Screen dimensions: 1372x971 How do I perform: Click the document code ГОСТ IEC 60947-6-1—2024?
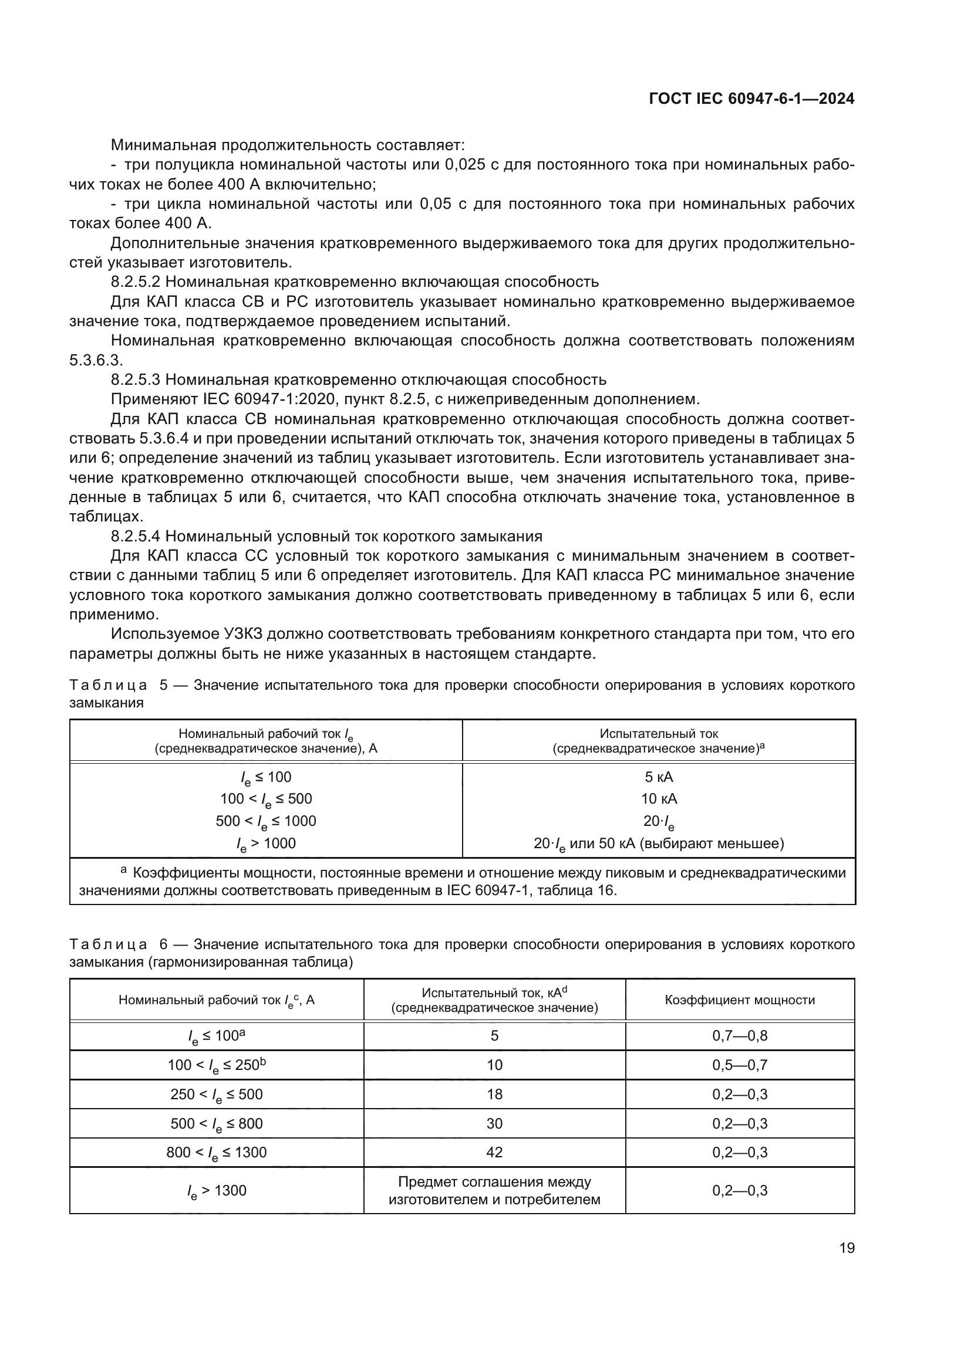click(x=751, y=99)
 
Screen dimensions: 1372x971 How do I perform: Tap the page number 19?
click(x=847, y=1248)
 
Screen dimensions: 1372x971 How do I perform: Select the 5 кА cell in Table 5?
click(x=658, y=777)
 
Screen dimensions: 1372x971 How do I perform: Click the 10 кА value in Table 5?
click(x=658, y=799)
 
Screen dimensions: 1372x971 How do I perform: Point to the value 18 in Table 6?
click(x=494, y=1094)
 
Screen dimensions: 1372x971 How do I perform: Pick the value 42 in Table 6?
click(x=494, y=1153)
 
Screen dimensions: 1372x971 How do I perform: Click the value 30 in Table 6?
click(x=494, y=1123)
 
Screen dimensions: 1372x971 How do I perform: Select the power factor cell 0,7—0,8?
click(x=740, y=1035)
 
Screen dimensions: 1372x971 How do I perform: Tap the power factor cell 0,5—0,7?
click(x=740, y=1065)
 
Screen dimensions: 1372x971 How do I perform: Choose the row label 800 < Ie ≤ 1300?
click(x=217, y=1153)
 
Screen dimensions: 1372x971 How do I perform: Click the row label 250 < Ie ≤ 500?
click(x=217, y=1094)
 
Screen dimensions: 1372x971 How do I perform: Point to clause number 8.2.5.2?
click(x=135, y=282)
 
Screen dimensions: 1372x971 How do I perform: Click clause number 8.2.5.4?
click(x=135, y=536)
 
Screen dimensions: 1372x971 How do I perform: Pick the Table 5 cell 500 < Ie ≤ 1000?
click(x=265, y=821)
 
